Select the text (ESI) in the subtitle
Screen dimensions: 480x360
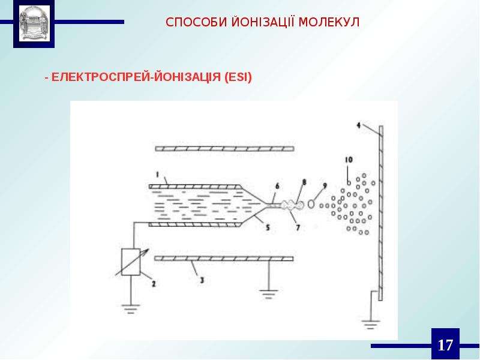coord(238,77)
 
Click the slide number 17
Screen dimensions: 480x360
coord(445,345)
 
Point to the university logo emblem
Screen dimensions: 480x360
coord(34,24)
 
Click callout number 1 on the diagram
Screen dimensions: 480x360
coord(157,175)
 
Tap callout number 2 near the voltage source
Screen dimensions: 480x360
coord(154,284)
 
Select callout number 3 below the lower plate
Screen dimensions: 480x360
coord(202,280)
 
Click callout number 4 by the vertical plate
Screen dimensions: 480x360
coord(358,125)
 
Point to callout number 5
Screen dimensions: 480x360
coord(268,227)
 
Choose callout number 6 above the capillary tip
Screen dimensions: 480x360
coord(277,186)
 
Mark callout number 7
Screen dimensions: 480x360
coord(298,227)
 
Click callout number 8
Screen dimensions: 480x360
coord(304,182)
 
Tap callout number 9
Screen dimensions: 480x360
coord(325,185)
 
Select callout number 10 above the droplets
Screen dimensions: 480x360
coord(349,160)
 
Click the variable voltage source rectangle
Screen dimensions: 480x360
coord(131,262)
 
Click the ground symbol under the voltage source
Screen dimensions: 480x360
coord(131,309)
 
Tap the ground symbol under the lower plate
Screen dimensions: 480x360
coord(268,294)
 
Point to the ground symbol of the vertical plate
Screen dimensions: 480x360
coord(370,324)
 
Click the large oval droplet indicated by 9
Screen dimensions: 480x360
coord(311,204)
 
